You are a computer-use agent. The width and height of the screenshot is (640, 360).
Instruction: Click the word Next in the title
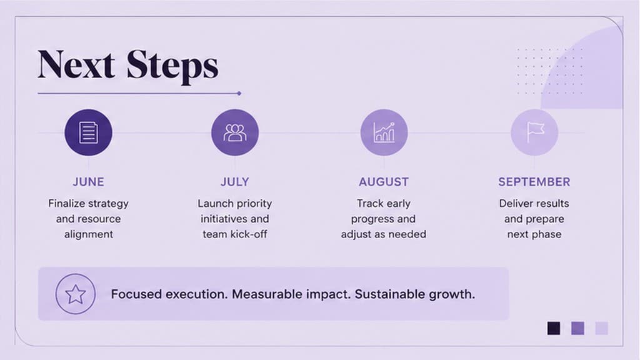click(x=76, y=64)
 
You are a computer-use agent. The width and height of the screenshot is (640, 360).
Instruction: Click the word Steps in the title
click(x=172, y=67)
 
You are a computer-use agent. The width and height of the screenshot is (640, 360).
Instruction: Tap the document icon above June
click(x=88, y=132)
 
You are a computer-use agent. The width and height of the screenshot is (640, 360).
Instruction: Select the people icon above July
click(x=235, y=132)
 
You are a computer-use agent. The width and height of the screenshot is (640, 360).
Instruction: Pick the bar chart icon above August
click(x=384, y=132)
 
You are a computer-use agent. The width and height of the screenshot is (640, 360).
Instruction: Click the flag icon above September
click(x=535, y=132)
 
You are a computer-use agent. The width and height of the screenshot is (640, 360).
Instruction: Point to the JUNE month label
click(x=89, y=182)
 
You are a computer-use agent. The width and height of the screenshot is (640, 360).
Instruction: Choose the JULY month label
click(x=235, y=182)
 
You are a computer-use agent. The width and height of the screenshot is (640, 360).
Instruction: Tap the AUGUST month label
click(x=384, y=182)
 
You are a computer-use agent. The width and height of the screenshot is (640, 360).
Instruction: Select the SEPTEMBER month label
click(x=534, y=182)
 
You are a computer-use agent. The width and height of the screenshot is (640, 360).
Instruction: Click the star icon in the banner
click(x=76, y=294)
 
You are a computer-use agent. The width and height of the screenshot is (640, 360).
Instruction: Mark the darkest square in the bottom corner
click(x=554, y=328)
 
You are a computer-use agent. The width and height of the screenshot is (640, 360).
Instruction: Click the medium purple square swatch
click(x=577, y=328)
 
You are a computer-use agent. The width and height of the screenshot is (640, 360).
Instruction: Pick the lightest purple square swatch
click(x=602, y=328)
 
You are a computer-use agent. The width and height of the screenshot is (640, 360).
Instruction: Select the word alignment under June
click(x=89, y=235)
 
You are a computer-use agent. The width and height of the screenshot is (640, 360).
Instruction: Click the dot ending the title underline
click(x=239, y=94)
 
